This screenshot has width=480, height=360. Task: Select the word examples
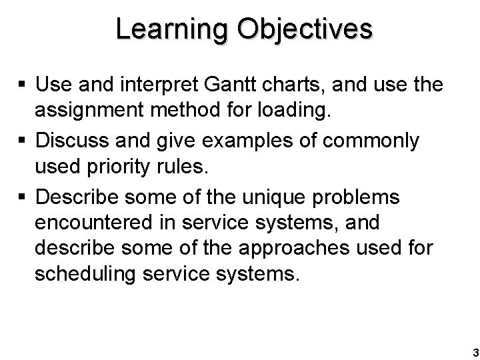click(229, 141)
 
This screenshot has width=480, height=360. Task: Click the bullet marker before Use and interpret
click(23, 85)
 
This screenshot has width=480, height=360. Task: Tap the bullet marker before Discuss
click(23, 142)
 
